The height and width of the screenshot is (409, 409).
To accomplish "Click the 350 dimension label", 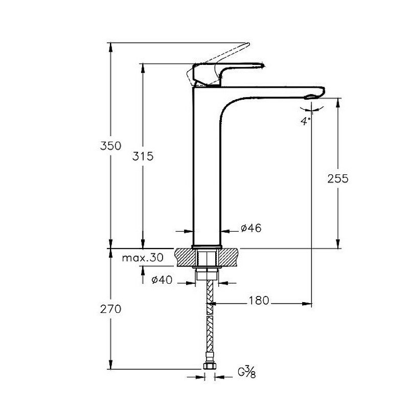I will pos(110,146).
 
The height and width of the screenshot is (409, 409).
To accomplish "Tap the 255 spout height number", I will pos(338,178).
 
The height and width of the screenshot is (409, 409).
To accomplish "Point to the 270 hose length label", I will pos(110,309).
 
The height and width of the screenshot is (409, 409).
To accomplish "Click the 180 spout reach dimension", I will pos(259,300).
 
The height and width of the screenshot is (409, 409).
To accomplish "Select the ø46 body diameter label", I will pos(251,229).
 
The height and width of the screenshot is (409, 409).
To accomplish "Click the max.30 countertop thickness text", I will pos(143,258).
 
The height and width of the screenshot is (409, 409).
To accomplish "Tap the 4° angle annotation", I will pos(306,121).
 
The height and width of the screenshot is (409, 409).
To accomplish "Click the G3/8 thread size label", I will pos(247,372).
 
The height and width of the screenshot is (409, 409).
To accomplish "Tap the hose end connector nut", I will pos(209,366).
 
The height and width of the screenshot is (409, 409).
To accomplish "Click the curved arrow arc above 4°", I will pos(312,109).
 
